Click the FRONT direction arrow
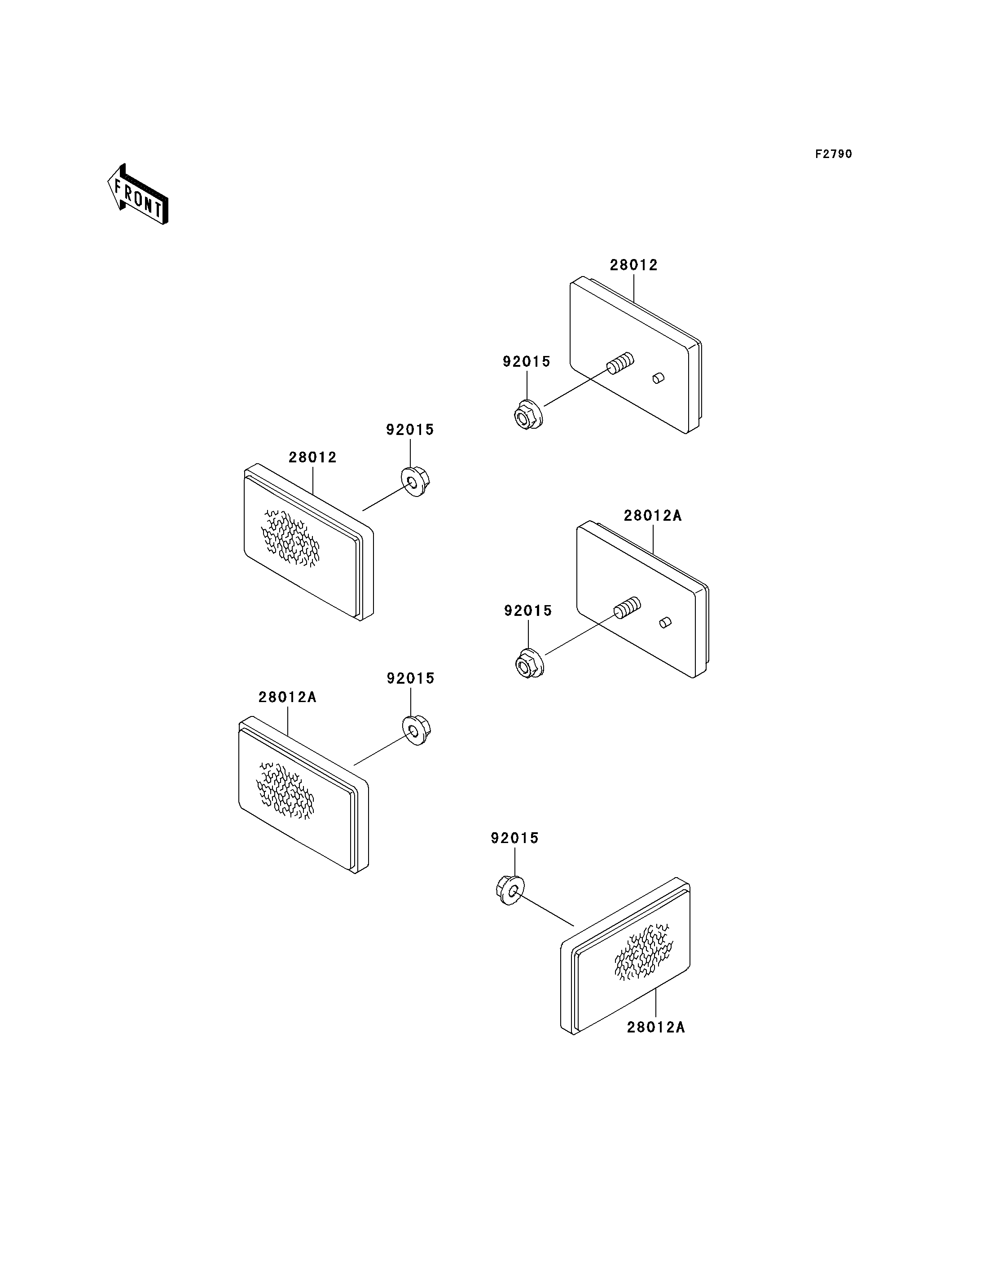[138, 194]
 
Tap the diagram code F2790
[834, 154]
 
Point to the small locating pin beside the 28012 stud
[659, 378]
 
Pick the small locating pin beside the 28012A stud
[665, 622]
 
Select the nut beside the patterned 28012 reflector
[415, 482]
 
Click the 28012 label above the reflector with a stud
[634, 265]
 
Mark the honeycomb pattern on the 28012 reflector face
[290, 538]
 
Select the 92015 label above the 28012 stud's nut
[527, 361]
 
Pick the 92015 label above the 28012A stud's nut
[528, 611]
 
